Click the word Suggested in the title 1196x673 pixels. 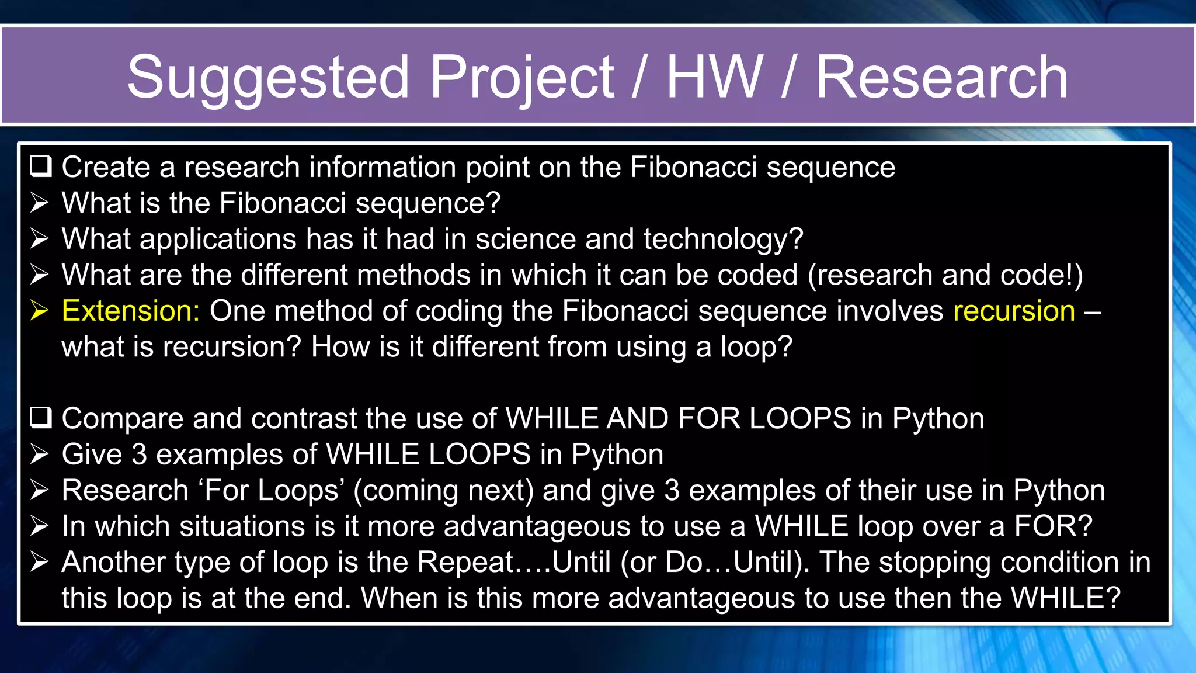click(268, 78)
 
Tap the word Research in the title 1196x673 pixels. click(941, 78)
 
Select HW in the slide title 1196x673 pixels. click(714, 78)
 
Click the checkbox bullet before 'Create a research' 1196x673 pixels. click(41, 167)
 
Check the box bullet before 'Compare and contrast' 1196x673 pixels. click(41, 418)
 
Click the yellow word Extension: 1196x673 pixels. click(131, 311)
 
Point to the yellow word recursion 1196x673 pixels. click(1014, 311)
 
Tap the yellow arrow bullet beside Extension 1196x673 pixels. click(40, 311)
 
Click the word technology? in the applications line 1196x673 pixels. click(724, 240)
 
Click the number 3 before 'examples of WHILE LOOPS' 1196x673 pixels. click(139, 455)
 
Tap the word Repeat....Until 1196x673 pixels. click(514, 562)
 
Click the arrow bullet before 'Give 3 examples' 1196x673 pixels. click(40, 455)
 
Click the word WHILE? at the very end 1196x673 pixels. click(1066, 598)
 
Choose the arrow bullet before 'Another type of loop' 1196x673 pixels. click(40, 562)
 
